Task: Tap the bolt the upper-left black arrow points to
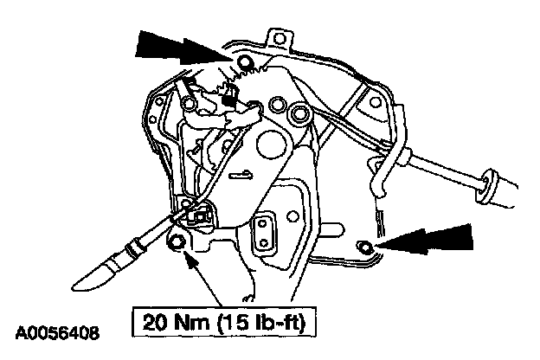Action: pos(244,61)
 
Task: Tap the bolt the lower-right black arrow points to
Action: pos(367,248)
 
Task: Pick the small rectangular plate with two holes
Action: pos(263,231)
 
